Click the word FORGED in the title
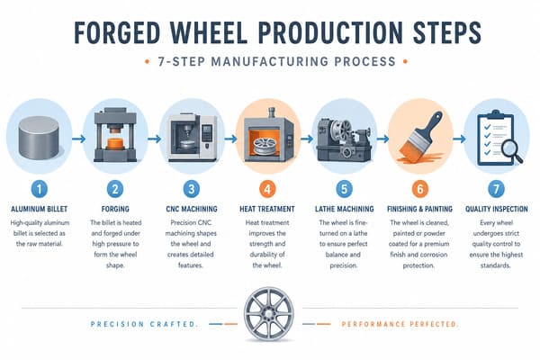tap(117, 33)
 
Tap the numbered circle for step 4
tap(267, 189)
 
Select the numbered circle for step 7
tap(496, 189)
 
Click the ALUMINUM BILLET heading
tap(40, 209)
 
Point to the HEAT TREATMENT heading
tap(267, 209)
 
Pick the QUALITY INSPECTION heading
tap(496, 209)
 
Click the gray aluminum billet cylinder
tap(39, 138)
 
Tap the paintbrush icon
tap(419, 137)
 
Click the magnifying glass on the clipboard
tap(511, 151)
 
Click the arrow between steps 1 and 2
tap(78, 139)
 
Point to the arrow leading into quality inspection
tap(459, 139)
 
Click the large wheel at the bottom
tap(268, 314)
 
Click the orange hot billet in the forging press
tap(116, 143)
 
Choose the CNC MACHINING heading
tap(192, 209)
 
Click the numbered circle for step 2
tap(115, 189)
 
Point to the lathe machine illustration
tap(344, 139)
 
